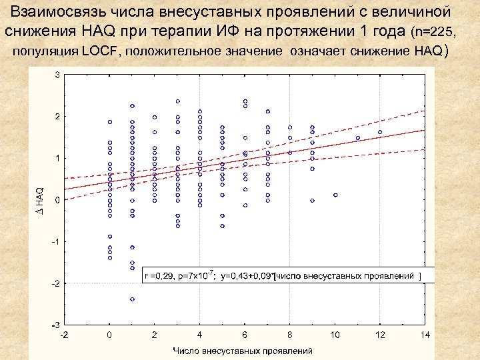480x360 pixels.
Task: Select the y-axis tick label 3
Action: tap(57, 75)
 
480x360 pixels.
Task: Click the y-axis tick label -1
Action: tap(56, 241)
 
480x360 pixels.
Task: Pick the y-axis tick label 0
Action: tap(57, 200)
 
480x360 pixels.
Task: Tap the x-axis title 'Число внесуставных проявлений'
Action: tap(243, 350)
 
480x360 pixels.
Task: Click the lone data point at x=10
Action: tap(335, 195)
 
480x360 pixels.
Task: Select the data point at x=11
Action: tap(358, 138)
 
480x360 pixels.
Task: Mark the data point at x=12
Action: tap(380, 132)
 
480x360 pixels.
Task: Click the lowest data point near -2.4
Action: tap(132, 299)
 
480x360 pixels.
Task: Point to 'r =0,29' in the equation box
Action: tap(160, 274)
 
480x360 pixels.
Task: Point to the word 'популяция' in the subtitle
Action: tap(45, 51)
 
